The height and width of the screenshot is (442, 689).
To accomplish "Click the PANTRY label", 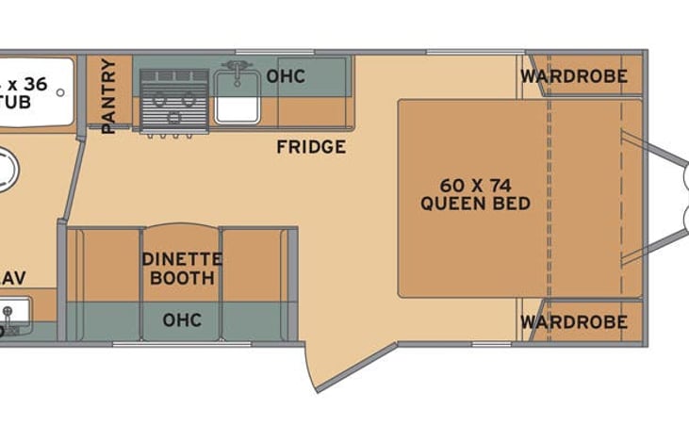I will (109, 94).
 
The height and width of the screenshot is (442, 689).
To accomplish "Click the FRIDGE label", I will (310, 147).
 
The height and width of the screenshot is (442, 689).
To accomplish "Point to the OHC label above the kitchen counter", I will (285, 76).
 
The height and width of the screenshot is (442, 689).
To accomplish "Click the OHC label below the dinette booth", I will (182, 320).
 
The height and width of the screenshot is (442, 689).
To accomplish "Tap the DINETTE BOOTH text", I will (181, 269).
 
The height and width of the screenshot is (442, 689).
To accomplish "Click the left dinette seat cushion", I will (109, 264).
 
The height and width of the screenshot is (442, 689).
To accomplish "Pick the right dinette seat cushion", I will (252, 264).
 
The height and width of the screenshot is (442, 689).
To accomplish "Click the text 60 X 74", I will (476, 184).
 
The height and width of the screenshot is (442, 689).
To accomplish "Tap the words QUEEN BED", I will (476, 204).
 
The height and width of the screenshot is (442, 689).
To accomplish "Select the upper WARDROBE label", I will (574, 76).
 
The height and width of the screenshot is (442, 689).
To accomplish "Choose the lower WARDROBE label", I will (574, 322).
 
